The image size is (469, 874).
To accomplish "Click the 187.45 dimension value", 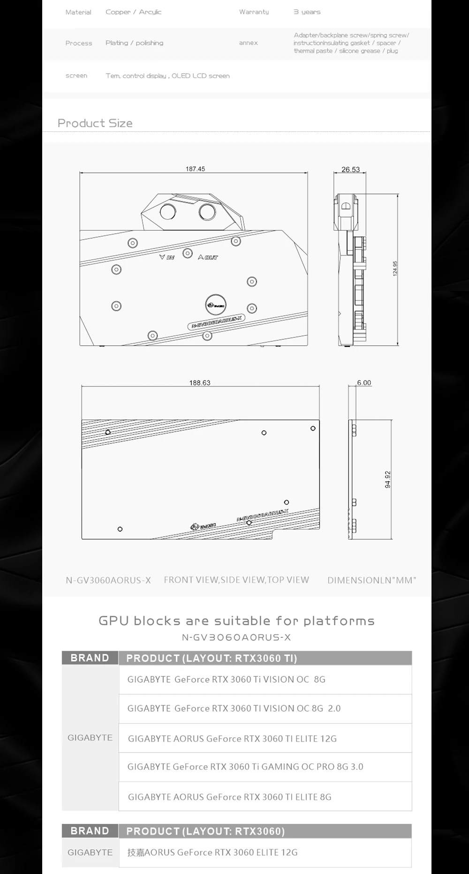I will coord(195,169).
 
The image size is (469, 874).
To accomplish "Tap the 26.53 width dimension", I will coord(350,169).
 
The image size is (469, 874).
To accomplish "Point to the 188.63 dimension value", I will coord(200,383).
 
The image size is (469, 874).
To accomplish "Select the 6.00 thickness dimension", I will coord(364,383).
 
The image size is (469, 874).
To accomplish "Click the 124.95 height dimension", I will coord(395,269).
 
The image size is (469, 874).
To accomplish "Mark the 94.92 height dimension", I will coord(387,479).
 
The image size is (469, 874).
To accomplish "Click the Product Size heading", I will coord(95,123).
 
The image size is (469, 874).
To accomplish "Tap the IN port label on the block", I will coord(167,257).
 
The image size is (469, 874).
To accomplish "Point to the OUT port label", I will coord(208,257).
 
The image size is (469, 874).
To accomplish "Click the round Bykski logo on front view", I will coord(216,305).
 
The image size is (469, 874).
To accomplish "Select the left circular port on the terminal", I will coord(167,211).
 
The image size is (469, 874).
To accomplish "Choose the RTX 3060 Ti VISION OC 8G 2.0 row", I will coord(234,708).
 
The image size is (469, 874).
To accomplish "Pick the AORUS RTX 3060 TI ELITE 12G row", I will coord(232,739).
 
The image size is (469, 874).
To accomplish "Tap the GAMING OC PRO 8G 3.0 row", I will coord(245,767).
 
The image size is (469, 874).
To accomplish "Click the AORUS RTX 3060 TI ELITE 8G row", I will coord(230,797).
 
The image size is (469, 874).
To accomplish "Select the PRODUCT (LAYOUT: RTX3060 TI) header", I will coord(212,658).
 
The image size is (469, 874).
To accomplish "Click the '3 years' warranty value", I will coord(307,12).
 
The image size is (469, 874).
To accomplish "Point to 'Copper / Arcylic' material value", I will coord(133,12).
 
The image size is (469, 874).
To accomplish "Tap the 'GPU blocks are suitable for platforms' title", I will coord(236,621).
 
